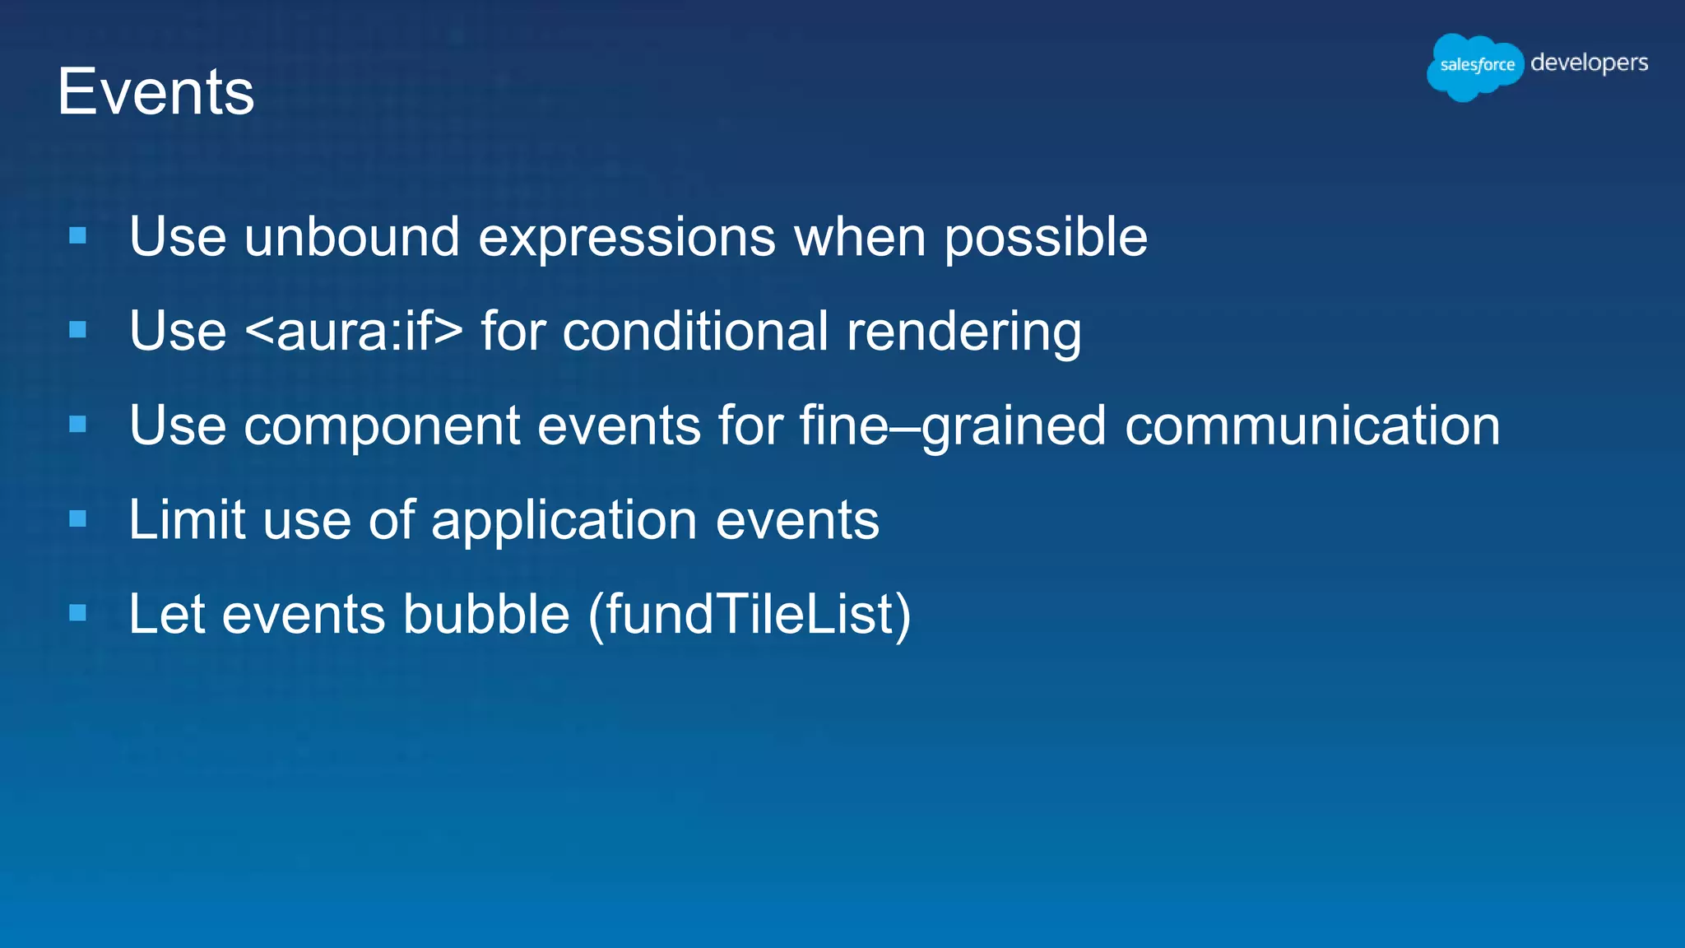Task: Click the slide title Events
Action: [156, 92]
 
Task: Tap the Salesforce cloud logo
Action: [1475, 66]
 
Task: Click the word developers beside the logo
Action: [1589, 63]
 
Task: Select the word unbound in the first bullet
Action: [351, 237]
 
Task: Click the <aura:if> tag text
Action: [354, 331]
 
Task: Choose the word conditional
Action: [695, 331]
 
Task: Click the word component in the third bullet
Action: [381, 426]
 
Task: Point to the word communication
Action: [1311, 425]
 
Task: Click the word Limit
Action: [187, 520]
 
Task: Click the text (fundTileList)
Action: [750, 615]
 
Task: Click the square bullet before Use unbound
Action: [78, 236]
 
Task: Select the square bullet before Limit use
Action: [78, 518]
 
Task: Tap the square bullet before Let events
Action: [78, 612]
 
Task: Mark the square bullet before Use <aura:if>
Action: [78, 330]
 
